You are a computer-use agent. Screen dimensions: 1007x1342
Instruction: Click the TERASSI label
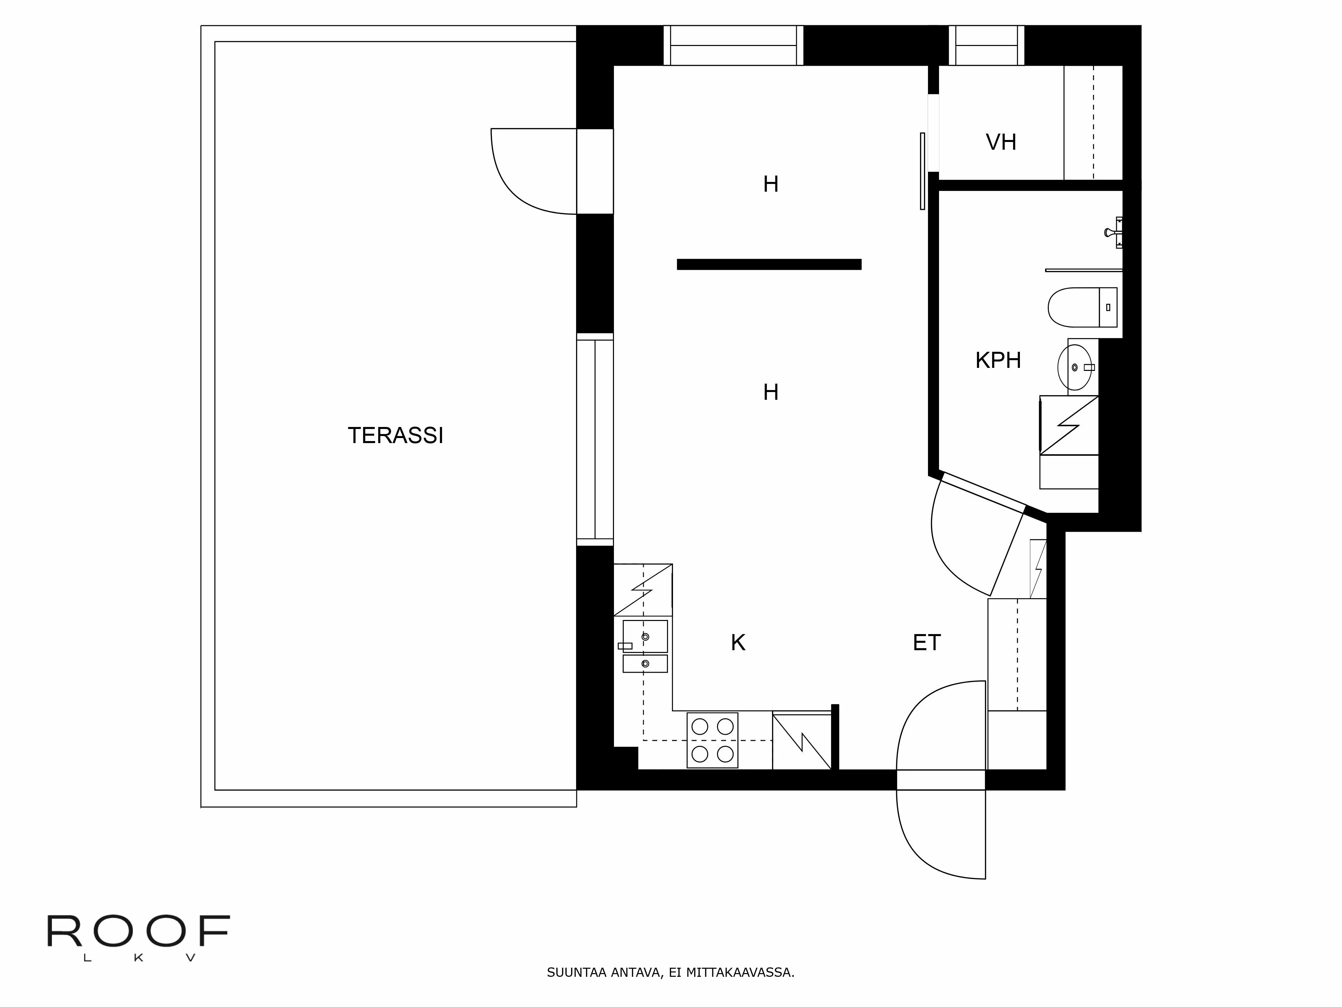tap(396, 435)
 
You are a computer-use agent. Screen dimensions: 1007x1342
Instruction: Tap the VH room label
tap(1000, 142)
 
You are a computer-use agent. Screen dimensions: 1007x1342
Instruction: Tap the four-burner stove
tap(712, 740)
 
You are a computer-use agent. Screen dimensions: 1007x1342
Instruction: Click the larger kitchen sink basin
tap(645, 636)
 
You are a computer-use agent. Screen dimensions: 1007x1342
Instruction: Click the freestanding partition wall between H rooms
tap(769, 264)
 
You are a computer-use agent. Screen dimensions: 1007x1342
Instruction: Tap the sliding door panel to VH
tap(922, 171)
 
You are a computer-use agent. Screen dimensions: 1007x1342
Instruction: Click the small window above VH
tap(986, 46)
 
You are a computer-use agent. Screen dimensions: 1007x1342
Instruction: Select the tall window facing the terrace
tap(595, 439)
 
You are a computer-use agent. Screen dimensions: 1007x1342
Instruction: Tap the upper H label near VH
tap(771, 184)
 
